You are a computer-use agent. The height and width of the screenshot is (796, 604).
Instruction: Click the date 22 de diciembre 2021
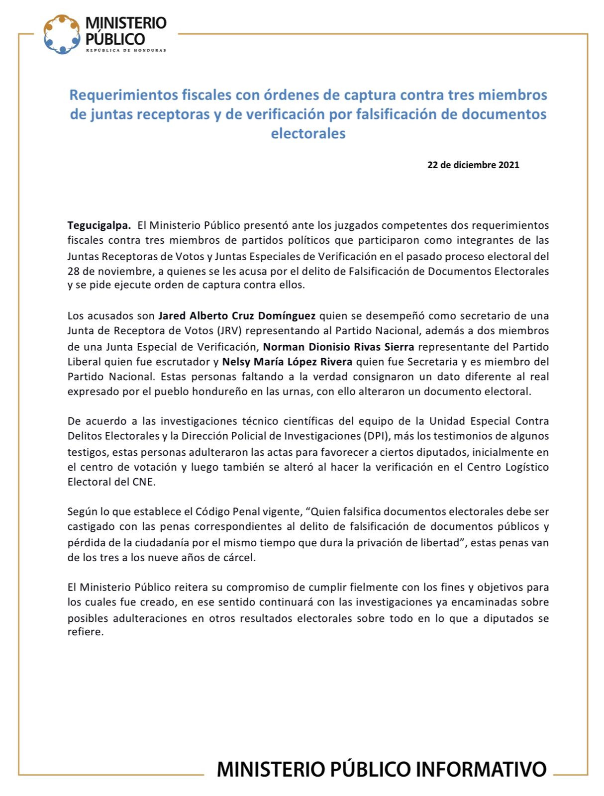point(473,165)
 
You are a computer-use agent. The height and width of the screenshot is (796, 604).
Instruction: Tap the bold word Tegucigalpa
point(99,225)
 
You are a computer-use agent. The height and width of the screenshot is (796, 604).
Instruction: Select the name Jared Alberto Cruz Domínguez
point(237,315)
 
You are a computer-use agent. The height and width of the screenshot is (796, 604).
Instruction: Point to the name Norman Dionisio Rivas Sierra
point(338,346)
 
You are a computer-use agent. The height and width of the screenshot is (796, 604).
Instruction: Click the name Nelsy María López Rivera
point(287,361)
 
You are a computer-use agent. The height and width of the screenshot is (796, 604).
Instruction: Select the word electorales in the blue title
point(308,134)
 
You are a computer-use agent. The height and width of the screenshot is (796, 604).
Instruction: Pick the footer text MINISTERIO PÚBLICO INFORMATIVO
point(382,769)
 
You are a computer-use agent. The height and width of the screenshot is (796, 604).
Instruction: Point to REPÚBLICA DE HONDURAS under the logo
point(126,50)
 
